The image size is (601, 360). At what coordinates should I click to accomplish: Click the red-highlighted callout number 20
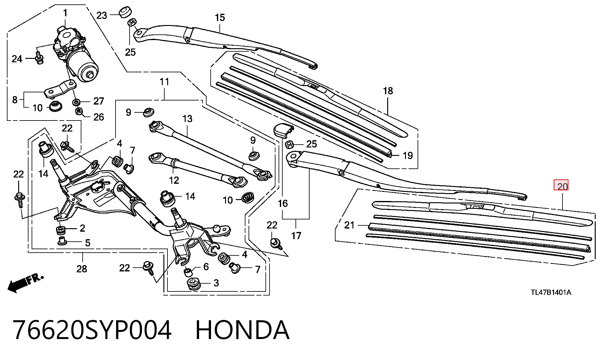[562, 187]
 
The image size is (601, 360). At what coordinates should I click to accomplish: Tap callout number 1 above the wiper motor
[65, 13]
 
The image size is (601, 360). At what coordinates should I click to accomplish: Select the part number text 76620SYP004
[92, 330]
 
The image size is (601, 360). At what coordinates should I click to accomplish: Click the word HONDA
[242, 330]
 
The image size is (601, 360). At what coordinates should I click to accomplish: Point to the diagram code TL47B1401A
[551, 292]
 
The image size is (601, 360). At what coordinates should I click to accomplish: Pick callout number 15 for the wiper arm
[220, 18]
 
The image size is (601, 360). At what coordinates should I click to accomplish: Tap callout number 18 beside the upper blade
[388, 91]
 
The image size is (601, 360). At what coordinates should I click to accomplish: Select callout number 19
[408, 155]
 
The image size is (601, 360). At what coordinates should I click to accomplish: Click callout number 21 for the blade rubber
[349, 225]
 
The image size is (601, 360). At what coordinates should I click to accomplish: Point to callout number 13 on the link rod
[187, 119]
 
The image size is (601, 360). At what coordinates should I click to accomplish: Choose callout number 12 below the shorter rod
[174, 180]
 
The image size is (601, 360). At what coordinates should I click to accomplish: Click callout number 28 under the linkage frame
[82, 269]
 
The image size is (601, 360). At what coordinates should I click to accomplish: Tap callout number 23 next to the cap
[101, 15]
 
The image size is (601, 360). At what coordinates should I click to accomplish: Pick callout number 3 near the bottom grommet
[216, 283]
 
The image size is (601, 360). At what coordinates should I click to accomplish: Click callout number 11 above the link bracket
[164, 82]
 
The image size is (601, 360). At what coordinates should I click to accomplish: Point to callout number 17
[296, 235]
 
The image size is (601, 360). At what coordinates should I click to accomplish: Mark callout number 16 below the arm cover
[282, 203]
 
